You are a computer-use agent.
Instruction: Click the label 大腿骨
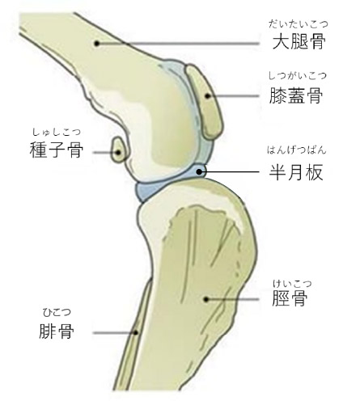[x=299, y=42]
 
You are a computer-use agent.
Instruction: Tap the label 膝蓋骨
[x=296, y=95]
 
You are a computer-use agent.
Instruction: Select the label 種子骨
[x=57, y=150]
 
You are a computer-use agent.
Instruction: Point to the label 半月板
[x=296, y=172]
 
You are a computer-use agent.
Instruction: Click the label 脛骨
[x=290, y=298]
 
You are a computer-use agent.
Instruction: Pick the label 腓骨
[x=57, y=331]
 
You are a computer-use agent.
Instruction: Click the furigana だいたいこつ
[x=299, y=24]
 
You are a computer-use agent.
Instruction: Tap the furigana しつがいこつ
[x=297, y=76]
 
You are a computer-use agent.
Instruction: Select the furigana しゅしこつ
[x=57, y=132]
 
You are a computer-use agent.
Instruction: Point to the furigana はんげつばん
[x=297, y=150]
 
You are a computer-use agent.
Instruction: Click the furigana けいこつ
[x=292, y=283]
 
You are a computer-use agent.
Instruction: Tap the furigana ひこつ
[x=57, y=312]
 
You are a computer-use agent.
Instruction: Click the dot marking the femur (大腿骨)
[x=97, y=43]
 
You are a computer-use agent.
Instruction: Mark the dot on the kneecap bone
[x=207, y=95]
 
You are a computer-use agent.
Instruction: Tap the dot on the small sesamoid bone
[x=118, y=153]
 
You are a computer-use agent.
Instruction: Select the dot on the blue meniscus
[x=199, y=171]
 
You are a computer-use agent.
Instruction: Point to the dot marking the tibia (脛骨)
[x=206, y=299]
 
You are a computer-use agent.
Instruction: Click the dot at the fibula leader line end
[x=136, y=333]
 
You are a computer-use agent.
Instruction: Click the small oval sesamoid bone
[x=119, y=150]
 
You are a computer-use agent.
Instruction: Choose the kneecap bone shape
[x=205, y=103]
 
